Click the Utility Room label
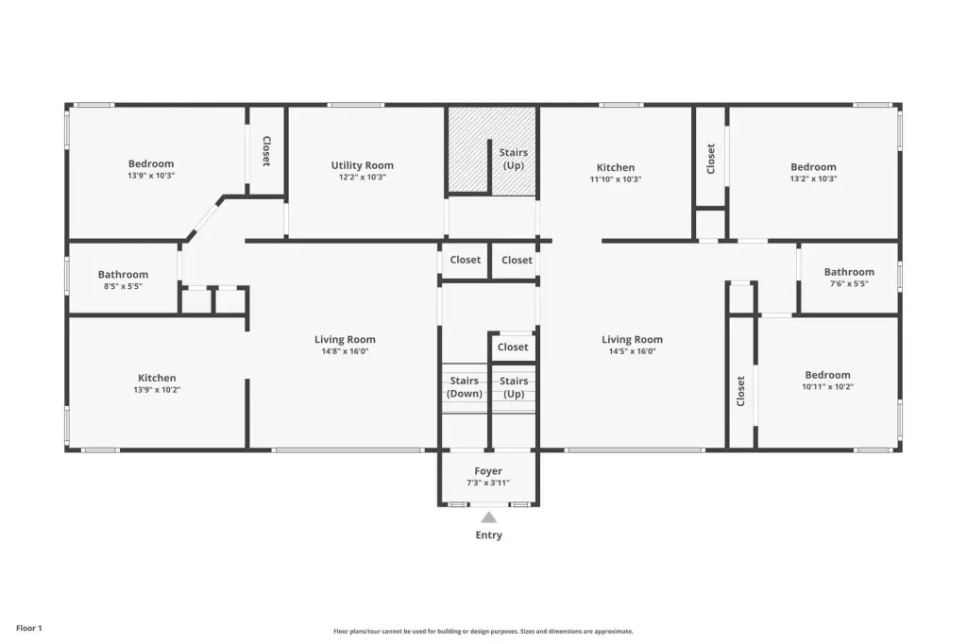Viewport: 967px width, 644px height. pos(362,165)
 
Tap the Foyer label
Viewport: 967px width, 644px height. pos(488,471)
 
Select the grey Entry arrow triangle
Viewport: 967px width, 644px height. pos(488,517)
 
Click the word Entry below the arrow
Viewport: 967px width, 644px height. pos(488,534)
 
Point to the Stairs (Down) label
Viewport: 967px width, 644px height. pos(465,387)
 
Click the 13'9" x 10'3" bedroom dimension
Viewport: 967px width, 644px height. pos(151,176)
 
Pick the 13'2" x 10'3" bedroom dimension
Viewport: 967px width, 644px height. pos(813,178)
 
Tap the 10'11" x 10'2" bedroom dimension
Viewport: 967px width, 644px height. pos(827,387)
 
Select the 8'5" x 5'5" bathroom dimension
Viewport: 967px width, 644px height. pos(123,286)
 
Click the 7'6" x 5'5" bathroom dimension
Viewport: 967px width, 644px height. pos(849,283)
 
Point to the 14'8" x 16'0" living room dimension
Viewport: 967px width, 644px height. pos(345,351)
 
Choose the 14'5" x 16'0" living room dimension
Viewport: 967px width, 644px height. pos(632,351)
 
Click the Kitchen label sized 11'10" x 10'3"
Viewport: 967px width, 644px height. pos(616,167)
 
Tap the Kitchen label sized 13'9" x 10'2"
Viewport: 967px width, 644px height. pos(157,378)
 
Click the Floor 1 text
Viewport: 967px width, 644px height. pos(29,628)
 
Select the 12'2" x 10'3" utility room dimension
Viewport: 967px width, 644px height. pos(362,177)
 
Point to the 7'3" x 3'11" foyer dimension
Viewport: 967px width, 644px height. pos(488,483)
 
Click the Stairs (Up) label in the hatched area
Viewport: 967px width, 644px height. pos(514,159)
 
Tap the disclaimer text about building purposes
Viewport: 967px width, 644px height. pos(483,631)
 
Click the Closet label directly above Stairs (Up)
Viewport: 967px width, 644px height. pos(513,347)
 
